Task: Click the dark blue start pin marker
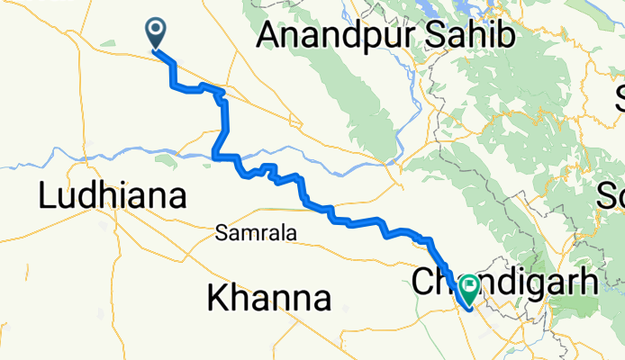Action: click(x=156, y=33)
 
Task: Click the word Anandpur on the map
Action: click(x=333, y=35)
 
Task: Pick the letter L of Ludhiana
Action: click(x=46, y=196)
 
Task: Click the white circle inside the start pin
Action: click(x=156, y=30)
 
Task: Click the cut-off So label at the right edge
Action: click(x=616, y=193)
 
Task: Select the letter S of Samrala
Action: click(x=222, y=234)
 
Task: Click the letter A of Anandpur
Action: click(x=268, y=35)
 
